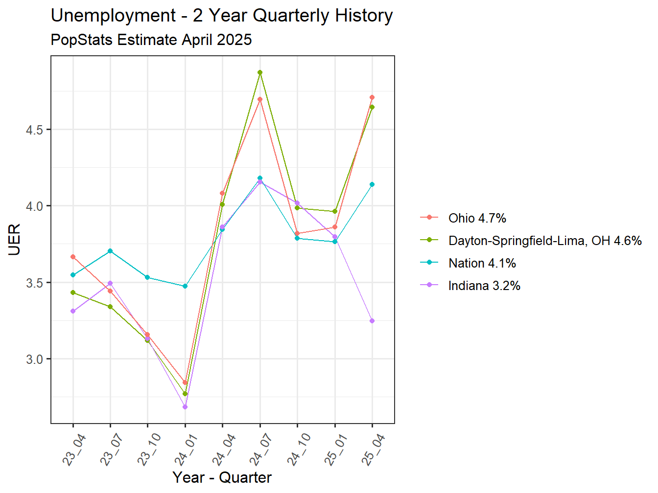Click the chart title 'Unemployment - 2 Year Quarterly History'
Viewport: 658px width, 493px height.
click(221, 16)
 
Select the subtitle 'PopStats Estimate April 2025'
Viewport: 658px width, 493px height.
click(151, 40)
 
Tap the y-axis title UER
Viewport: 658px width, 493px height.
click(15, 240)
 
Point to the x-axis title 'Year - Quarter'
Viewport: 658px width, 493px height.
click(222, 477)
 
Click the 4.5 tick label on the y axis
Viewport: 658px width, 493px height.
click(34, 130)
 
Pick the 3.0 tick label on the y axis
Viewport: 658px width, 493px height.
click(34, 359)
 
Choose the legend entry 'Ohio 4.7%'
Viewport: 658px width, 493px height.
click(477, 218)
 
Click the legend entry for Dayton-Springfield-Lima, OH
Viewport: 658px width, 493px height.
click(544, 241)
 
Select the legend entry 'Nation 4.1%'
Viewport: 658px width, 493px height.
click(482, 263)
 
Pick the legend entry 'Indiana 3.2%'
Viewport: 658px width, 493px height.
click(484, 286)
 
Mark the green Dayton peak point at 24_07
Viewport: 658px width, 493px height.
click(260, 72)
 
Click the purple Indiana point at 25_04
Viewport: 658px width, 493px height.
click(372, 321)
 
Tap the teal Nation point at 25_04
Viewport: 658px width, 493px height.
click(372, 184)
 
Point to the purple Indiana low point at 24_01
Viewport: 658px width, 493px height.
click(185, 407)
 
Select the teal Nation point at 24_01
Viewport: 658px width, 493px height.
click(185, 286)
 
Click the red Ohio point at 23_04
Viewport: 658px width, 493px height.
click(73, 257)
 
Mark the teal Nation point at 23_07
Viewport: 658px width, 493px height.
click(110, 251)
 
